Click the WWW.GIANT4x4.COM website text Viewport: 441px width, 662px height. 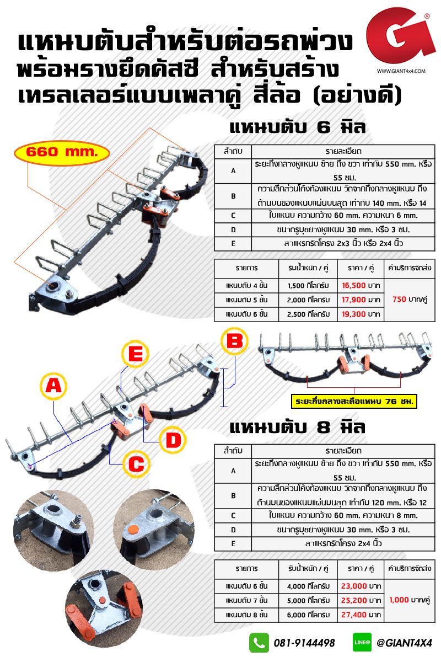click(401, 71)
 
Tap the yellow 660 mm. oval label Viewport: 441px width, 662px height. click(62, 153)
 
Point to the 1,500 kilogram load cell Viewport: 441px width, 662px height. click(308, 286)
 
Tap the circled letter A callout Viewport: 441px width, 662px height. click(53, 386)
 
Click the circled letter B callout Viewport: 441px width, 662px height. click(234, 341)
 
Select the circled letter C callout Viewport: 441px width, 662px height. click(136, 464)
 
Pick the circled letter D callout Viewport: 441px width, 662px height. click(173, 440)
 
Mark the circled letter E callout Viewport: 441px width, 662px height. click(135, 354)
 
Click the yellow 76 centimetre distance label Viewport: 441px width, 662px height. click(354, 402)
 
